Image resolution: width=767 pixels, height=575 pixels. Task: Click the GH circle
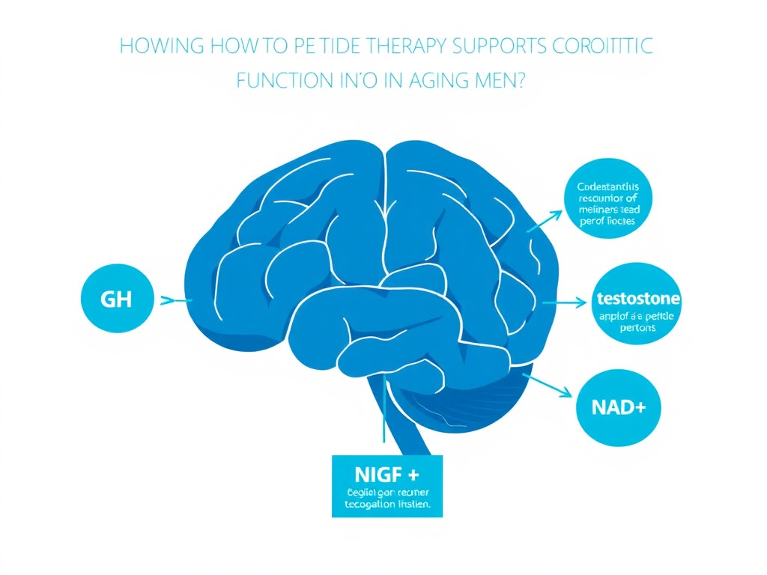pos(115,300)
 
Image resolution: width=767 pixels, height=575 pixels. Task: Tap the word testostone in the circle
pos(639,299)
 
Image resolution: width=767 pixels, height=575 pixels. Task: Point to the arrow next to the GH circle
pos(176,301)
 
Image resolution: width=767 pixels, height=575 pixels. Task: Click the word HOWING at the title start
pos(160,46)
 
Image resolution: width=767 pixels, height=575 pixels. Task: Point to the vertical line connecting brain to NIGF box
pos(383,419)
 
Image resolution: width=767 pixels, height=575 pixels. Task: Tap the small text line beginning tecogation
pos(386,505)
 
